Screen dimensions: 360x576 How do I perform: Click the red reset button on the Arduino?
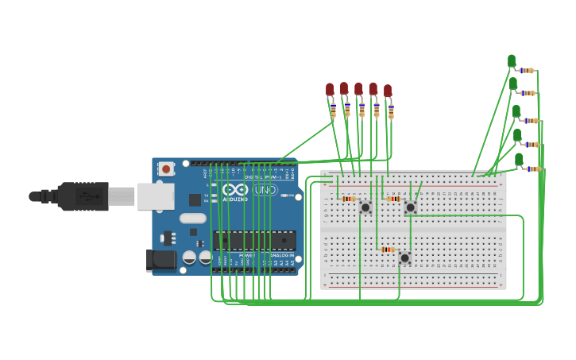pos(166,168)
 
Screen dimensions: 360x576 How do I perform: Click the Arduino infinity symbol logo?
pos(235,190)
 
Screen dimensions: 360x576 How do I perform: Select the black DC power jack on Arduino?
pos(161,260)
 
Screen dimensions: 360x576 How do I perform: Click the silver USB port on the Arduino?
pos(156,196)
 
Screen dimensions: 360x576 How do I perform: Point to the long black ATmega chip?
pos(254,239)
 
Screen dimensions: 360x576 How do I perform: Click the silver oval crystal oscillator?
pos(192,218)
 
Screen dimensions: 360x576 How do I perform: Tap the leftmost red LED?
pos(330,90)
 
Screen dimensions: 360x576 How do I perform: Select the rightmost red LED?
pos(388,91)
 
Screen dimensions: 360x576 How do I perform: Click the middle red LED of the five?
pos(358,89)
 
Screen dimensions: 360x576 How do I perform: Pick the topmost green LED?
pos(512,61)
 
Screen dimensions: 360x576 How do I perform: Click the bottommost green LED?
pos(519,160)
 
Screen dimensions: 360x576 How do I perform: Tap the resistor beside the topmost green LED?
pos(527,71)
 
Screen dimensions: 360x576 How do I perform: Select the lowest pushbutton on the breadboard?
pos(404,258)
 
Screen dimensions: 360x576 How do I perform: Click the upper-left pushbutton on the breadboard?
pos(365,207)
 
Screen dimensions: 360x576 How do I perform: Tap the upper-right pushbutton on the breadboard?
pos(410,207)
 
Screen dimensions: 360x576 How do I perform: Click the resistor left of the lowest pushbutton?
pos(388,250)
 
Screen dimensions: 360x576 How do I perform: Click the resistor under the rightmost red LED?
pos(391,110)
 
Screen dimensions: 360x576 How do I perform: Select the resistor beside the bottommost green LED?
pos(533,168)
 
